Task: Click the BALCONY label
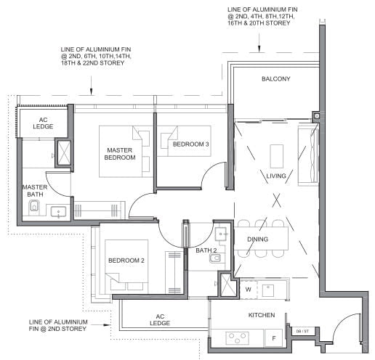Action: tap(275, 79)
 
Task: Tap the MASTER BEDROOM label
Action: tap(120, 154)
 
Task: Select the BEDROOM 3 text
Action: tap(190, 144)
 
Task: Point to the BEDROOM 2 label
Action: tap(126, 261)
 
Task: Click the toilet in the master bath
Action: tap(33, 207)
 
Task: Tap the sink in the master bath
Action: tap(58, 212)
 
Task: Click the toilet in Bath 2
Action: tap(215, 259)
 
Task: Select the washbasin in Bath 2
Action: tap(221, 234)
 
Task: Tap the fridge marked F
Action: tap(274, 338)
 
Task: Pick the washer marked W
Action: tap(249, 290)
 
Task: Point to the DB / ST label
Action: tap(302, 332)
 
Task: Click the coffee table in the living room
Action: tap(277, 156)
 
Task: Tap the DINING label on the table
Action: tap(257, 240)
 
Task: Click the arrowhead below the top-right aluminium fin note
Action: tap(259, 49)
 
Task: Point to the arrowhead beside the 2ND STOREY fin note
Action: tap(107, 325)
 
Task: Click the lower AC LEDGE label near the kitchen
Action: tap(160, 320)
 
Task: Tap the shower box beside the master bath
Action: tap(64, 153)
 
